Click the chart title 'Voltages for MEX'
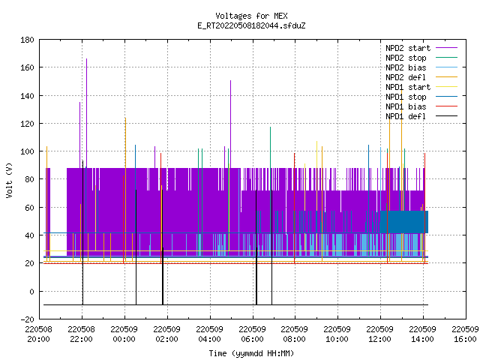pyautogui.click(x=251, y=16)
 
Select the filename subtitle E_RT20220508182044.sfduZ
pyautogui.click(x=251, y=25)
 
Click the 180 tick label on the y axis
pyautogui.click(x=27, y=40)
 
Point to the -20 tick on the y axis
pyautogui.click(x=27, y=319)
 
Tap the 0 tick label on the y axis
pyautogui.click(x=31, y=292)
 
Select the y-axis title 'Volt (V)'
pyautogui.click(x=9, y=180)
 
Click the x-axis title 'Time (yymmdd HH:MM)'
pyautogui.click(x=251, y=353)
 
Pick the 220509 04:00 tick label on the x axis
pyautogui.click(x=210, y=334)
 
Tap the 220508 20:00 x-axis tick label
pyautogui.click(x=38, y=334)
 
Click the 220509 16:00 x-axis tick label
pyautogui.click(x=465, y=334)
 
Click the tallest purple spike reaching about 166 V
pyautogui.click(x=87, y=113)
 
